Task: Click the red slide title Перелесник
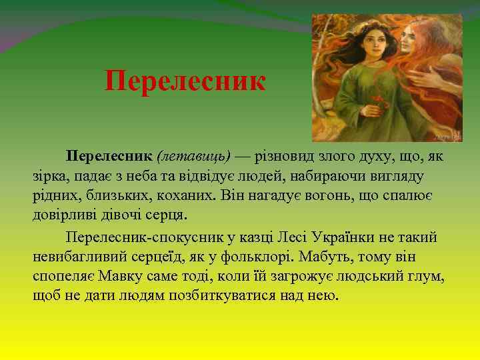click(185, 82)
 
